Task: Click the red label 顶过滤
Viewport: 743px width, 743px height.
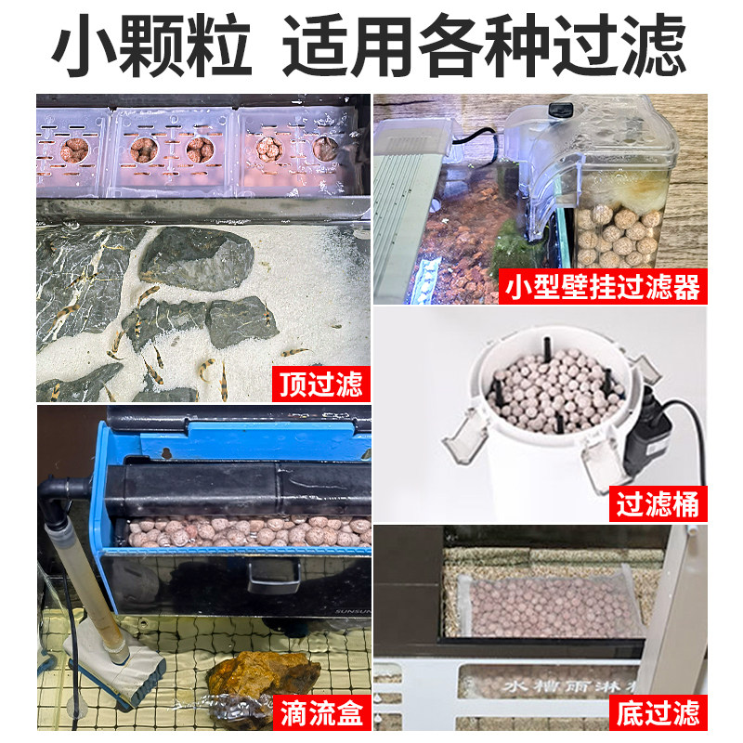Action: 319,384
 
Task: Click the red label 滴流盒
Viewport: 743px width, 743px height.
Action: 319,713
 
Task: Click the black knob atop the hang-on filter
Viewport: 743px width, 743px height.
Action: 557,111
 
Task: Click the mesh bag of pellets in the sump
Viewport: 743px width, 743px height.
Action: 548,604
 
